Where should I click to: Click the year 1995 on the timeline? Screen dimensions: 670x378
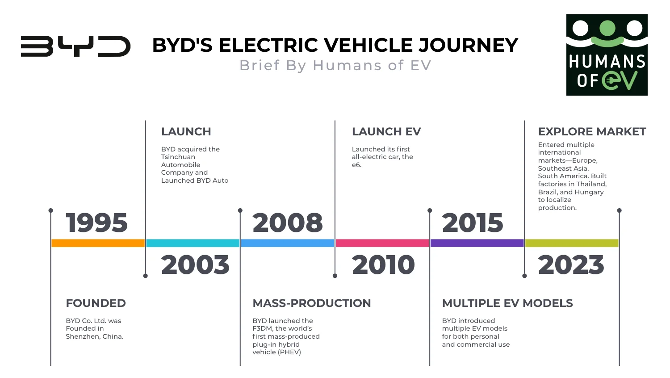[96, 223]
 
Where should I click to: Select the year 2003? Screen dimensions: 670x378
[195, 265]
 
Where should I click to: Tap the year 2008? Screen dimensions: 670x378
[288, 223]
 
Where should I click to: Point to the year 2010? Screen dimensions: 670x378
[383, 265]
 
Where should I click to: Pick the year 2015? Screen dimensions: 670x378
[473, 223]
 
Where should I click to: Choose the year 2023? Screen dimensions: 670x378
[571, 265]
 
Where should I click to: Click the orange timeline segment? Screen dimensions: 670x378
[98, 243]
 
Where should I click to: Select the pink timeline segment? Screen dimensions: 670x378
[382, 243]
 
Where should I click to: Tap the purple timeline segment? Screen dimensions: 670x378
[477, 243]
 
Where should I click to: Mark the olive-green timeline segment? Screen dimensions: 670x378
[572, 243]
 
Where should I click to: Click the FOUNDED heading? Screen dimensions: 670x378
[96, 303]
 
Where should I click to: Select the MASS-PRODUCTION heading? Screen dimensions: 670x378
[312, 303]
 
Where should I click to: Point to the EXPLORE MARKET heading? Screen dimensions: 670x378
[592, 132]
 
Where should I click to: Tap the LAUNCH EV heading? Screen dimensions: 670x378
[386, 132]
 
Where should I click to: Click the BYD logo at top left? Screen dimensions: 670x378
[75, 46]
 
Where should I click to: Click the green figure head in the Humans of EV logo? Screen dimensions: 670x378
[607, 28]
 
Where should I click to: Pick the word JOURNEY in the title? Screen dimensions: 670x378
[468, 45]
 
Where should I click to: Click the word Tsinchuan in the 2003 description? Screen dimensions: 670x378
[178, 157]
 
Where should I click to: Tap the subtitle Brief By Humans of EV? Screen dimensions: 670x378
[335, 65]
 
